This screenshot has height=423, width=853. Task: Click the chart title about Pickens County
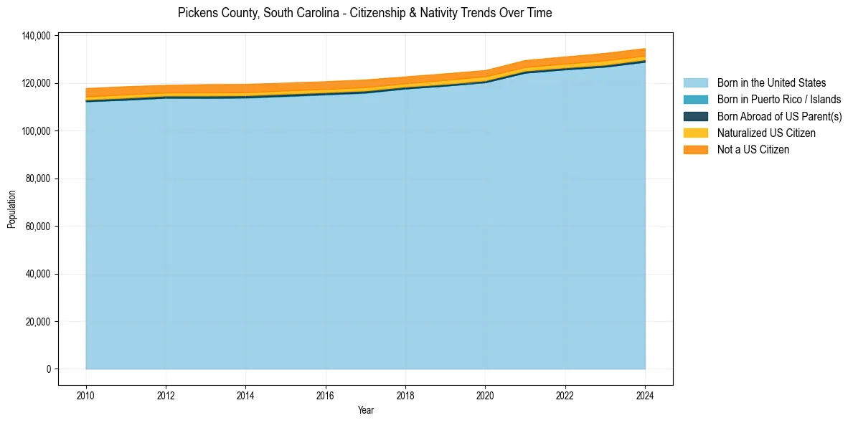pos(364,13)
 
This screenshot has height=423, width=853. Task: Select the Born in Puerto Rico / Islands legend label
pos(779,100)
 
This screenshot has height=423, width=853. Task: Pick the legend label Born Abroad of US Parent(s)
pos(779,116)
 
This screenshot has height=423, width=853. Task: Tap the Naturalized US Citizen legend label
pos(766,133)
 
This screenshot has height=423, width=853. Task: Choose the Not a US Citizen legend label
pos(753,149)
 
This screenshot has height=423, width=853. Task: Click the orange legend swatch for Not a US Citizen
pos(695,149)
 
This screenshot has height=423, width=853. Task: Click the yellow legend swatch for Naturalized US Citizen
pos(695,133)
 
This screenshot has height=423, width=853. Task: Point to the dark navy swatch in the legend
pos(695,116)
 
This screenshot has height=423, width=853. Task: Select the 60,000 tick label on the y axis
pos(37,227)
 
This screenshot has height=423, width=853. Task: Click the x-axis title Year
pos(365,410)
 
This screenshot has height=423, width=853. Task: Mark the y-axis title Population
pos(11,209)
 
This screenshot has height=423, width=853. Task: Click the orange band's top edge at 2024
pos(645,49)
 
